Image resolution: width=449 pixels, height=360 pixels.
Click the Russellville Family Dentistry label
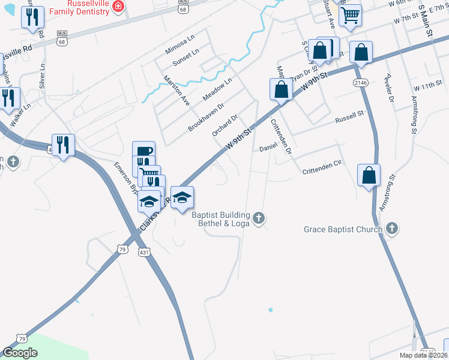(x=78, y=7)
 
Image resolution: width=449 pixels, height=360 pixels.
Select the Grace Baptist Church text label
(x=343, y=229)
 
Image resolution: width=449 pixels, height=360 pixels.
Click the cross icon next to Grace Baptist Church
(x=391, y=228)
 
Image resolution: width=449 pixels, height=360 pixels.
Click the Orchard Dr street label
(x=226, y=125)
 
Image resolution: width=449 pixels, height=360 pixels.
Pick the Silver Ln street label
(x=43, y=75)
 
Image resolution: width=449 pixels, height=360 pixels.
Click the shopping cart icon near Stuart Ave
(x=349, y=14)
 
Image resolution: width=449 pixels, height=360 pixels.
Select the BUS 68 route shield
(x=62, y=37)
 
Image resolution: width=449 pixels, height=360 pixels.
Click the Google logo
(x=20, y=353)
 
